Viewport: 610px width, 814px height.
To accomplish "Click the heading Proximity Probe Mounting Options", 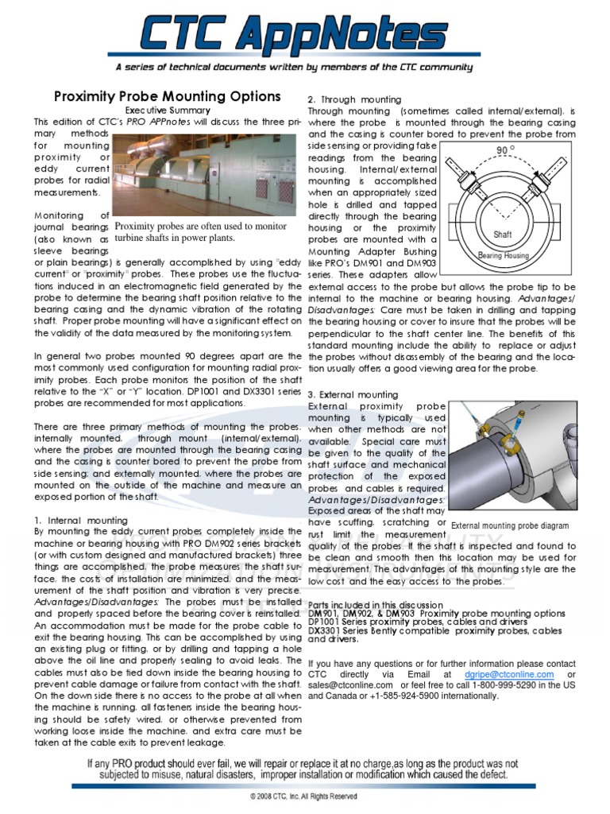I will coord(167,96).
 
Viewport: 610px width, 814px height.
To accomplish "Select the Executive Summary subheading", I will coord(168,110).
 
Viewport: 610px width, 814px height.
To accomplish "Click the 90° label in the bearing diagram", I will coord(505,150).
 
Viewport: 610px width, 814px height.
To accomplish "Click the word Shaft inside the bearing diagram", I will coord(503,235).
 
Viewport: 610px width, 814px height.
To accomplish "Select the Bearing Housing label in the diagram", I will coord(503,255).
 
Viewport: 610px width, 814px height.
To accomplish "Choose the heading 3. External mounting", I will coord(353,394).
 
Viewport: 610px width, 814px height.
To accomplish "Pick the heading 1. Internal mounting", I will coord(81,520).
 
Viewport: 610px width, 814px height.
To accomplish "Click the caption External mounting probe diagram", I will coord(510,525).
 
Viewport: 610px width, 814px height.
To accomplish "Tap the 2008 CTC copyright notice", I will coord(303,796).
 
